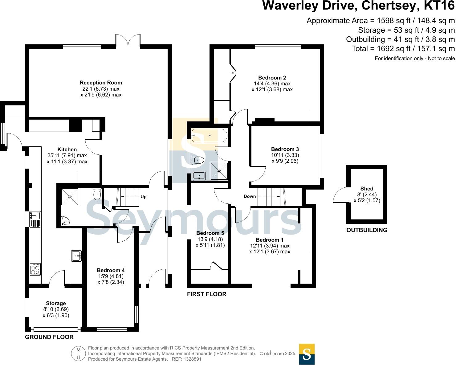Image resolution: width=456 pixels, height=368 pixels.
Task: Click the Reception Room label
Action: point(101,83)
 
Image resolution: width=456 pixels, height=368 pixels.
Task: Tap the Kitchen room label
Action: point(67,149)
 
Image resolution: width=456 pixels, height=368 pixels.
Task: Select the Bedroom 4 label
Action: point(111,270)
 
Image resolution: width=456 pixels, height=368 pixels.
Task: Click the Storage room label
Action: point(56,303)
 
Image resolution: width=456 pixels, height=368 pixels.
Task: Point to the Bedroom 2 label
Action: point(272,78)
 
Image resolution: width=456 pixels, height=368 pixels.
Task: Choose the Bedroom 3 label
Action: point(285,149)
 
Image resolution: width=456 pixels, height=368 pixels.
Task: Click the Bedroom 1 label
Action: point(270,240)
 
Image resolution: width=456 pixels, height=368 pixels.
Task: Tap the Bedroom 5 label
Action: point(210,233)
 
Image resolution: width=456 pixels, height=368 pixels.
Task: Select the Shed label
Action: point(367,189)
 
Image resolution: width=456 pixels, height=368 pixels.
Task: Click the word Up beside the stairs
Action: point(144,197)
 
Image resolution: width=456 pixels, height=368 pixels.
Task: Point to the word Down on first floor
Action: point(250,196)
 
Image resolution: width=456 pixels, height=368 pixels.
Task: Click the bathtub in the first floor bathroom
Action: point(210,136)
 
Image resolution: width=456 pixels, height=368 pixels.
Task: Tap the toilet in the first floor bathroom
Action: point(197,159)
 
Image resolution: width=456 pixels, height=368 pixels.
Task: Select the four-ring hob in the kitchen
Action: point(35,270)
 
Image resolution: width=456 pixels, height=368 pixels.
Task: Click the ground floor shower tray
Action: point(70,197)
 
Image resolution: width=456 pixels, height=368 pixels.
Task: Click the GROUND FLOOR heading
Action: point(49,337)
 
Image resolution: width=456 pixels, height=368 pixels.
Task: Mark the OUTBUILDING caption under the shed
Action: point(367,230)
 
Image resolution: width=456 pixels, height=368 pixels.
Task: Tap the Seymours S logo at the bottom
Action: point(307,354)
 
